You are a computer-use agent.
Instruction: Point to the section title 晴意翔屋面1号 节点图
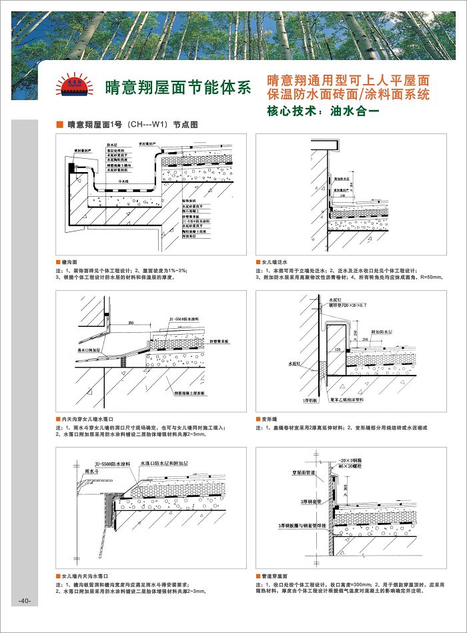pyautogui.click(x=133, y=124)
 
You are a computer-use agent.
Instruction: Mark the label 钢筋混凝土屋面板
pyautogui.click(x=193, y=395)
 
